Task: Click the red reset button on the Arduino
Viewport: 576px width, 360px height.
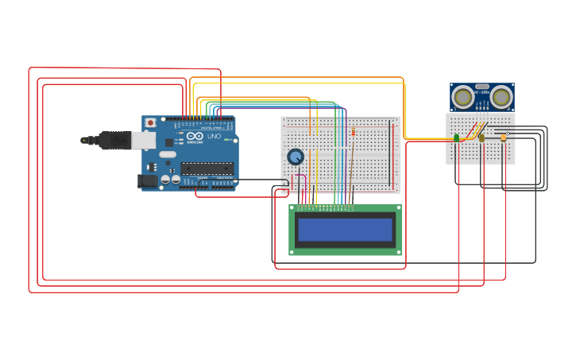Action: [x=150, y=123]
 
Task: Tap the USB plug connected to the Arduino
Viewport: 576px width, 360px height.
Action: [x=111, y=140]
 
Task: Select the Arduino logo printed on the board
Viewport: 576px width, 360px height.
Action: [x=195, y=137]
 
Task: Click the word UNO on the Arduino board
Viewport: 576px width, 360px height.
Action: [x=214, y=137]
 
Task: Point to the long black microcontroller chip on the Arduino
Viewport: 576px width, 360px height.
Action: [x=207, y=168]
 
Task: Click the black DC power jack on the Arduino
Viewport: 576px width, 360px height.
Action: [x=147, y=180]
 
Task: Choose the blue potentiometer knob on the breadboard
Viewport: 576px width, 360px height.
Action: [x=296, y=157]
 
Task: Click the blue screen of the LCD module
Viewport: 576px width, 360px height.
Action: [x=345, y=230]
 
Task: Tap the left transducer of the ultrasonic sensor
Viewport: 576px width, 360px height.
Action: [x=462, y=97]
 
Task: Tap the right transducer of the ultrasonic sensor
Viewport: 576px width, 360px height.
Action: [x=501, y=97]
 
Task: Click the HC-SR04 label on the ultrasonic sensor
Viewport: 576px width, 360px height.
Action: [x=481, y=92]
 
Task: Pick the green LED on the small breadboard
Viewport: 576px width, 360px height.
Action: [x=457, y=138]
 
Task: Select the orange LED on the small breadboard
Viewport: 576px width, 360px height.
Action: [x=503, y=137]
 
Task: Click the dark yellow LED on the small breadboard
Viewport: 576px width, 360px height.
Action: [x=481, y=138]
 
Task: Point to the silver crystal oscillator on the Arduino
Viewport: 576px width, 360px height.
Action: [x=168, y=154]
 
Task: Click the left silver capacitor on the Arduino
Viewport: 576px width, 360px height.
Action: [x=165, y=180]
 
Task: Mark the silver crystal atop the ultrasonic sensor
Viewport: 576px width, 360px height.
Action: [x=481, y=86]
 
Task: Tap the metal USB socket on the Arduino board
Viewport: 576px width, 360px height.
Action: [x=143, y=141]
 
